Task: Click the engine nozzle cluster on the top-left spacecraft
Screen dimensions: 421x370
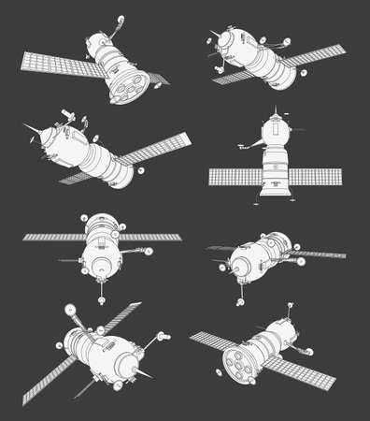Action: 123,85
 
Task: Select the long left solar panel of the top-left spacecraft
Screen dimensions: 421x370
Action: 54,65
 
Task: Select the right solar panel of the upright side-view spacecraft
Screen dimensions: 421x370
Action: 317,176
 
